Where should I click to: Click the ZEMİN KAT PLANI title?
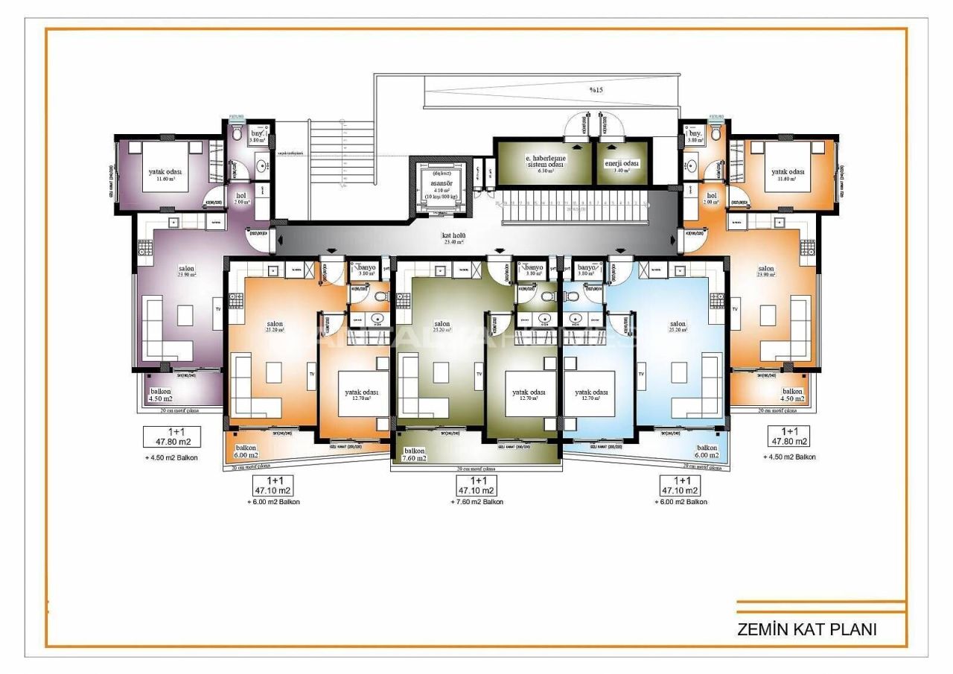tap(806, 629)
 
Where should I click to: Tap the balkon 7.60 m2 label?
tap(415, 454)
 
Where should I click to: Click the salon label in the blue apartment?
tap(678, 325)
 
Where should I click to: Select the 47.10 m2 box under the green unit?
tap(476, 486)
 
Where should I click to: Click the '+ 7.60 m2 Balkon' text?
tap(476, 503)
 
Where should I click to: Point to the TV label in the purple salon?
tap(218, 308)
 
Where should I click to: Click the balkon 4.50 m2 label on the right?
tap(791, 395)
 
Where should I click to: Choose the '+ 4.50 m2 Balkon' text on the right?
tap(790, 457)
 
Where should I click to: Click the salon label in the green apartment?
tap(442, 325)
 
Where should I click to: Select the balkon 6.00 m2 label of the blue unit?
tap(707, 451)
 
